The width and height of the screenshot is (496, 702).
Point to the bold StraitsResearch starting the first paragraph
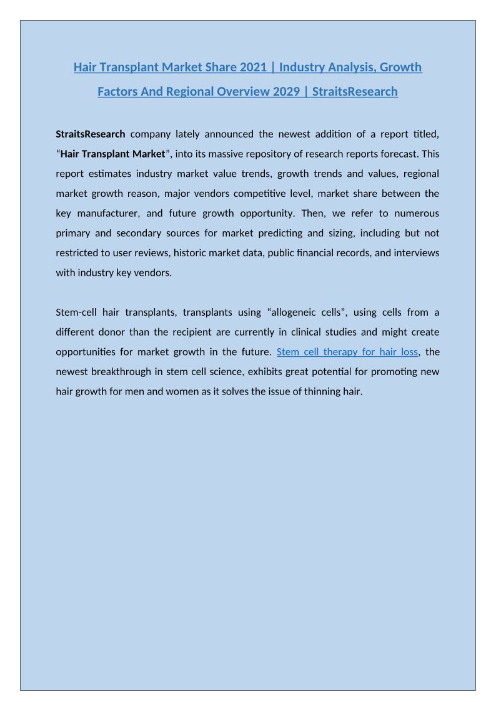pyautogui.click(x=91, y=134)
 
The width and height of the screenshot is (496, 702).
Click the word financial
pyautogui.click(x=332, y=253)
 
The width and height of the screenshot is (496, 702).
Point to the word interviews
pyautogui.click(x=417, y=253)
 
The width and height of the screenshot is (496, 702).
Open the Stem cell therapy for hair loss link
pyautogui.click(x=347, y=352)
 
